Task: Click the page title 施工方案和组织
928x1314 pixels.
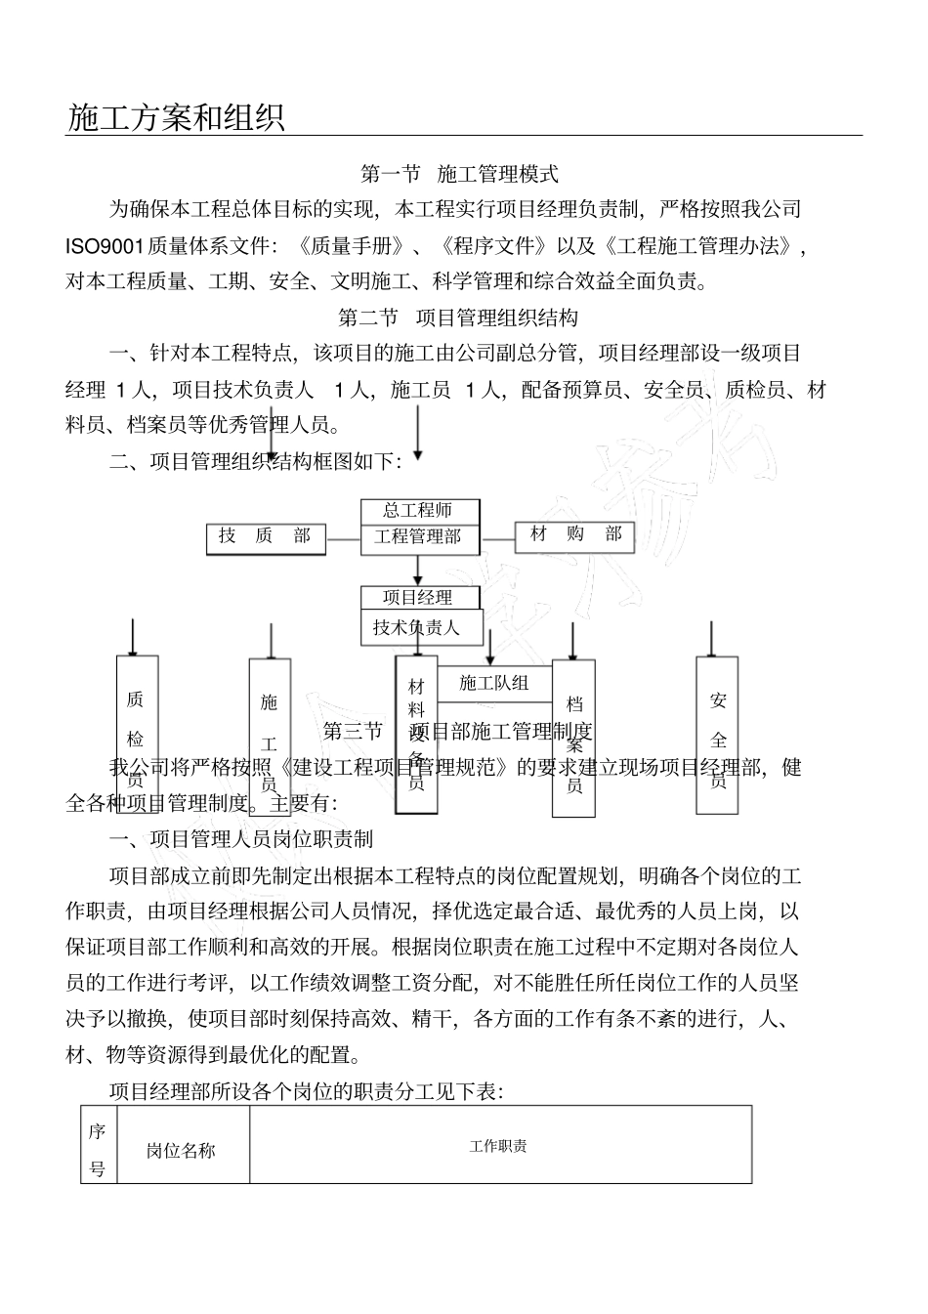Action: (x=176, y=117)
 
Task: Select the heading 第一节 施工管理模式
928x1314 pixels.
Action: (x=459, y=175)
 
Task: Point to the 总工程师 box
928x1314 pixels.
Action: (x=419, y=511)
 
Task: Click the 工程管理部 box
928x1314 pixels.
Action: (x=419, y=536)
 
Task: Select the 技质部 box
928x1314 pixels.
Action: (x=266, y=537)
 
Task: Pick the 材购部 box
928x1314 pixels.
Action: (x=575, y=535)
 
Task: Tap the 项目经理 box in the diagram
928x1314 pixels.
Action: (x=419, y=597)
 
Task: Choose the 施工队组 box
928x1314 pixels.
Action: (x=494, y=683)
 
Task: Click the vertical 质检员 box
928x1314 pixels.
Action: (x=137, y=735)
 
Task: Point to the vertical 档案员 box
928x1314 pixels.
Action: (x=573, y=739)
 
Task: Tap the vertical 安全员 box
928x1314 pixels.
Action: (x=717, y=736)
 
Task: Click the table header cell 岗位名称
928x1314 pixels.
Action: (x=182, y=1150)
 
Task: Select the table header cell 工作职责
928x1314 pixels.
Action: (x=499, y=1146)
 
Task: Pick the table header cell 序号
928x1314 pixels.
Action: (x=98, y=1149)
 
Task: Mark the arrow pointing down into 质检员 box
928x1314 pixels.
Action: (x=133, y=636)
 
